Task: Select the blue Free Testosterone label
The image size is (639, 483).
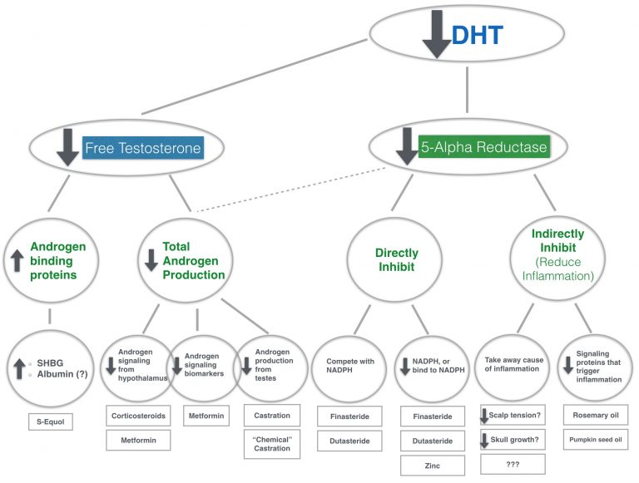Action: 143,150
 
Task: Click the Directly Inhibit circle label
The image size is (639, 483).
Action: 397,259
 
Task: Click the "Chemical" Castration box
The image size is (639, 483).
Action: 270,442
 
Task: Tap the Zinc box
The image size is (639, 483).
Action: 431,466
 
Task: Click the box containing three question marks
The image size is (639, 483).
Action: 513,463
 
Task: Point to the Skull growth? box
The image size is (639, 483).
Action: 513,439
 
